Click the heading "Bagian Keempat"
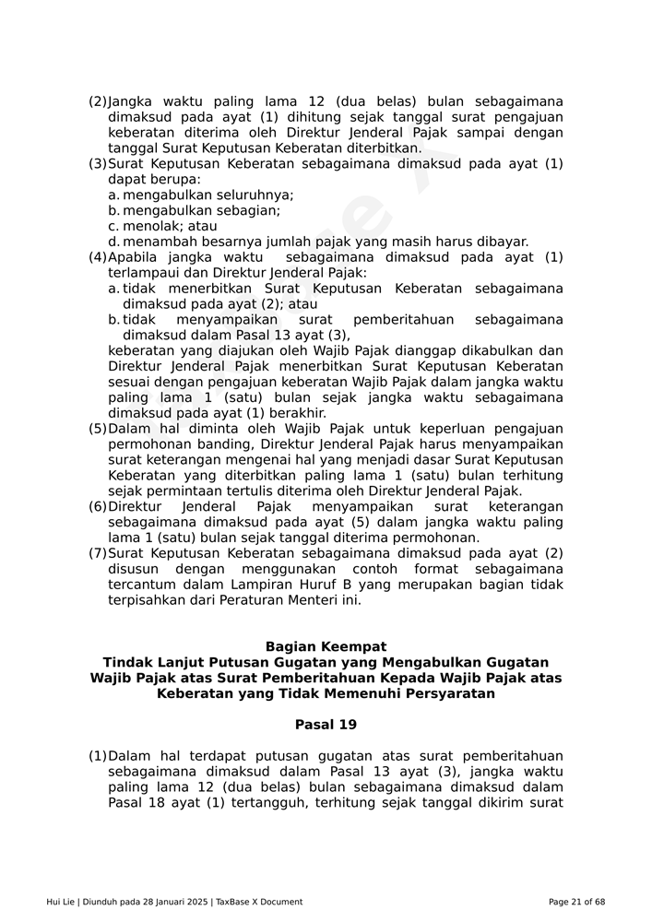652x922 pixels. click(x=326, y=647)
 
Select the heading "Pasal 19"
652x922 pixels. click(x=326, y=725)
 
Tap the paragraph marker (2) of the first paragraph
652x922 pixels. click(x=97, y=102)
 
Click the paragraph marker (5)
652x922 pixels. click(x=97, y=429)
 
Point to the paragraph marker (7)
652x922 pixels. click(x=97, y=553)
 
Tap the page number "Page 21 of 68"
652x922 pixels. click(x=576, y=902)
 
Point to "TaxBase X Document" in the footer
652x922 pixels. click(x=259, y=902)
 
